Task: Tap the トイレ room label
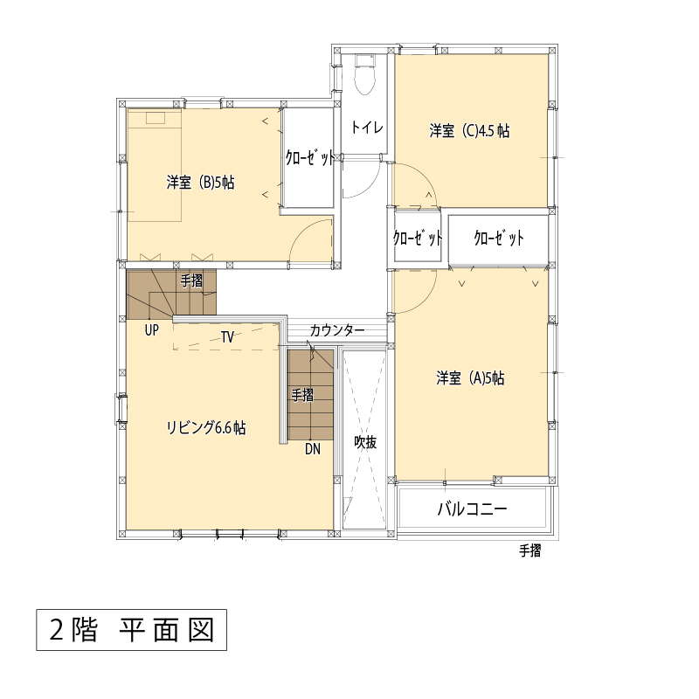(367, 128)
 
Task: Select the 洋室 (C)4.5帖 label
(469, 130)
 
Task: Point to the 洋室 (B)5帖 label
(200, 183)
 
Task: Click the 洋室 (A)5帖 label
(470, 378)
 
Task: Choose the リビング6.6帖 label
(206, 427)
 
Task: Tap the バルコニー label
(472, 509)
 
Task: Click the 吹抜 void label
(365, 442)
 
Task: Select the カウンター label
(337, 330)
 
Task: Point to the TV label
(228, 337)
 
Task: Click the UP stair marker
(151, 330)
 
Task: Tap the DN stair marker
(313, 449)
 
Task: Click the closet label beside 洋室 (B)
(310, 158)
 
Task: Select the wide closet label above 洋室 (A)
(498, 238)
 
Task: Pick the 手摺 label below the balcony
(530, 551)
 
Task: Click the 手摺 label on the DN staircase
(302, 395)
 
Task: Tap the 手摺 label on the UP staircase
(191, 280)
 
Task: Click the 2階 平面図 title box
(132, 630)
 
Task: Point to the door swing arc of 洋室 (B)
(303, 228)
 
